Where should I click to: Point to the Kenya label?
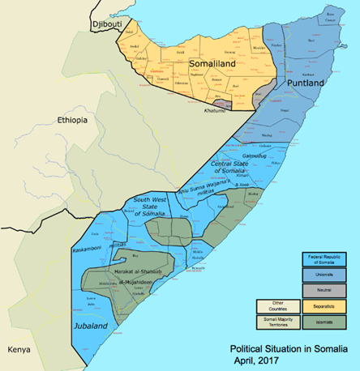pyautogui.click(x=19, y=349)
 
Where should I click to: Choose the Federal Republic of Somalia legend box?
pyautogui.click(x=324, y=260)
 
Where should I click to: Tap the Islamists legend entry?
pyautogui.click(x=324, y=322)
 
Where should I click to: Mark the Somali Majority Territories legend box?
pyautogui.click(x=276, y=322)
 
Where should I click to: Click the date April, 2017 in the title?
pyautogui.click(x=253, y=359)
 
